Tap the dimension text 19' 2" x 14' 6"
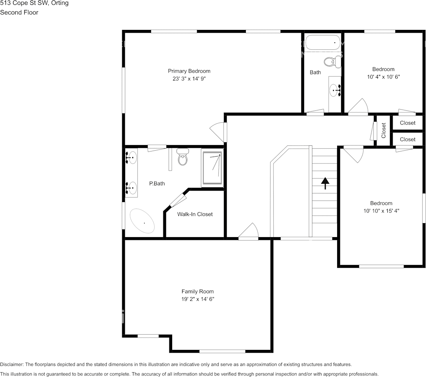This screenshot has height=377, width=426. tap(198, 299)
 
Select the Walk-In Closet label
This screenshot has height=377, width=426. tap(195, 214)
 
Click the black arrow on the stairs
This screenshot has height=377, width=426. tap(325, 183)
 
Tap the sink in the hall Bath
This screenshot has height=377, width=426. tap(334, 90)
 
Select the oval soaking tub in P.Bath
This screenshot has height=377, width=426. tap(142, 221)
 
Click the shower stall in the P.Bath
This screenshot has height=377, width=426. tap(212, 167)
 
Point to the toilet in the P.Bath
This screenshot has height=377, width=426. tap(183, 157)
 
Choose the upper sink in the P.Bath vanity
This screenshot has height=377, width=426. tap(131, 158)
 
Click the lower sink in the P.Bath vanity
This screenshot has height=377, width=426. tap(131, 186)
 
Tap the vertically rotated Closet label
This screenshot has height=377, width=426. tap(383, 130)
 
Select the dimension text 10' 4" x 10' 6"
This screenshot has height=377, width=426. tap(383, 77)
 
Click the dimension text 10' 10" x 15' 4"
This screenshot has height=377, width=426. tap(381, 211)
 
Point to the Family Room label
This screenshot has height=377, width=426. tap(198, 291)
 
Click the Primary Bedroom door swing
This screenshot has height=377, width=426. tap(218, 132)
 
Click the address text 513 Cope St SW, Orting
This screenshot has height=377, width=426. tap(34, 3)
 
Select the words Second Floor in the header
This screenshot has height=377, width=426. tap(19, 12)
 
